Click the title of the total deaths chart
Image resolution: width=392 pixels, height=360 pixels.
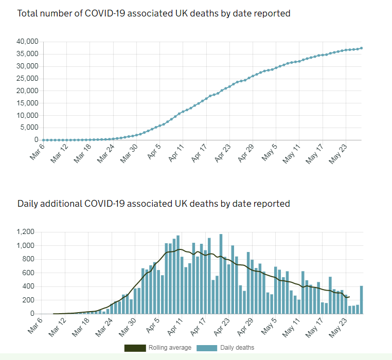[154, 13]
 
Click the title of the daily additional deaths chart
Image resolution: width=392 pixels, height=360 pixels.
[154, 204]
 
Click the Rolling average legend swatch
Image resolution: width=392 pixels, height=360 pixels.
[135, 348]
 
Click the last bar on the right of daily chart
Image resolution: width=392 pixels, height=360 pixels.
[362, 300]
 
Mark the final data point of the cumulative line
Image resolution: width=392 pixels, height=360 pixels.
[362, 48]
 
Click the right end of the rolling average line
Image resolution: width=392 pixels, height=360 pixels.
[349, 297]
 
